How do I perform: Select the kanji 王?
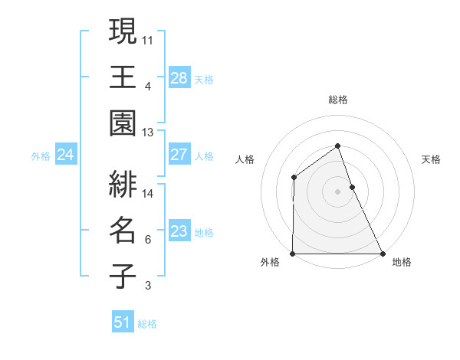click(x=123, y=77)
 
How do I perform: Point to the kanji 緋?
click(x=123, y=184)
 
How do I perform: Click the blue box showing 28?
click(x=179, y=77)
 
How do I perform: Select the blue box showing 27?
click(x=179, y=155)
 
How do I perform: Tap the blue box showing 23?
click(x=179, y=231)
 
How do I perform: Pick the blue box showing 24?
click(x=65, y=155)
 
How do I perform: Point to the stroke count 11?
click(x=148, y=38)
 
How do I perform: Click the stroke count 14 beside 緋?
click(x=148, y=194)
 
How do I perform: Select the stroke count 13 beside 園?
click(x=148, y=133)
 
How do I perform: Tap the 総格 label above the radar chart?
click(x=338, y=100)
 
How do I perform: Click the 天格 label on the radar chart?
click(x=431, y=159)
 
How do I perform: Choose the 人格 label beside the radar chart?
click(x=245, y=159)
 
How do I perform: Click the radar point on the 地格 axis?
click(x=383, y=253)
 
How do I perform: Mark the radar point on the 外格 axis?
click(x=293, y=253)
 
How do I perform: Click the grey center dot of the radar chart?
click(x=337, y=191)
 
